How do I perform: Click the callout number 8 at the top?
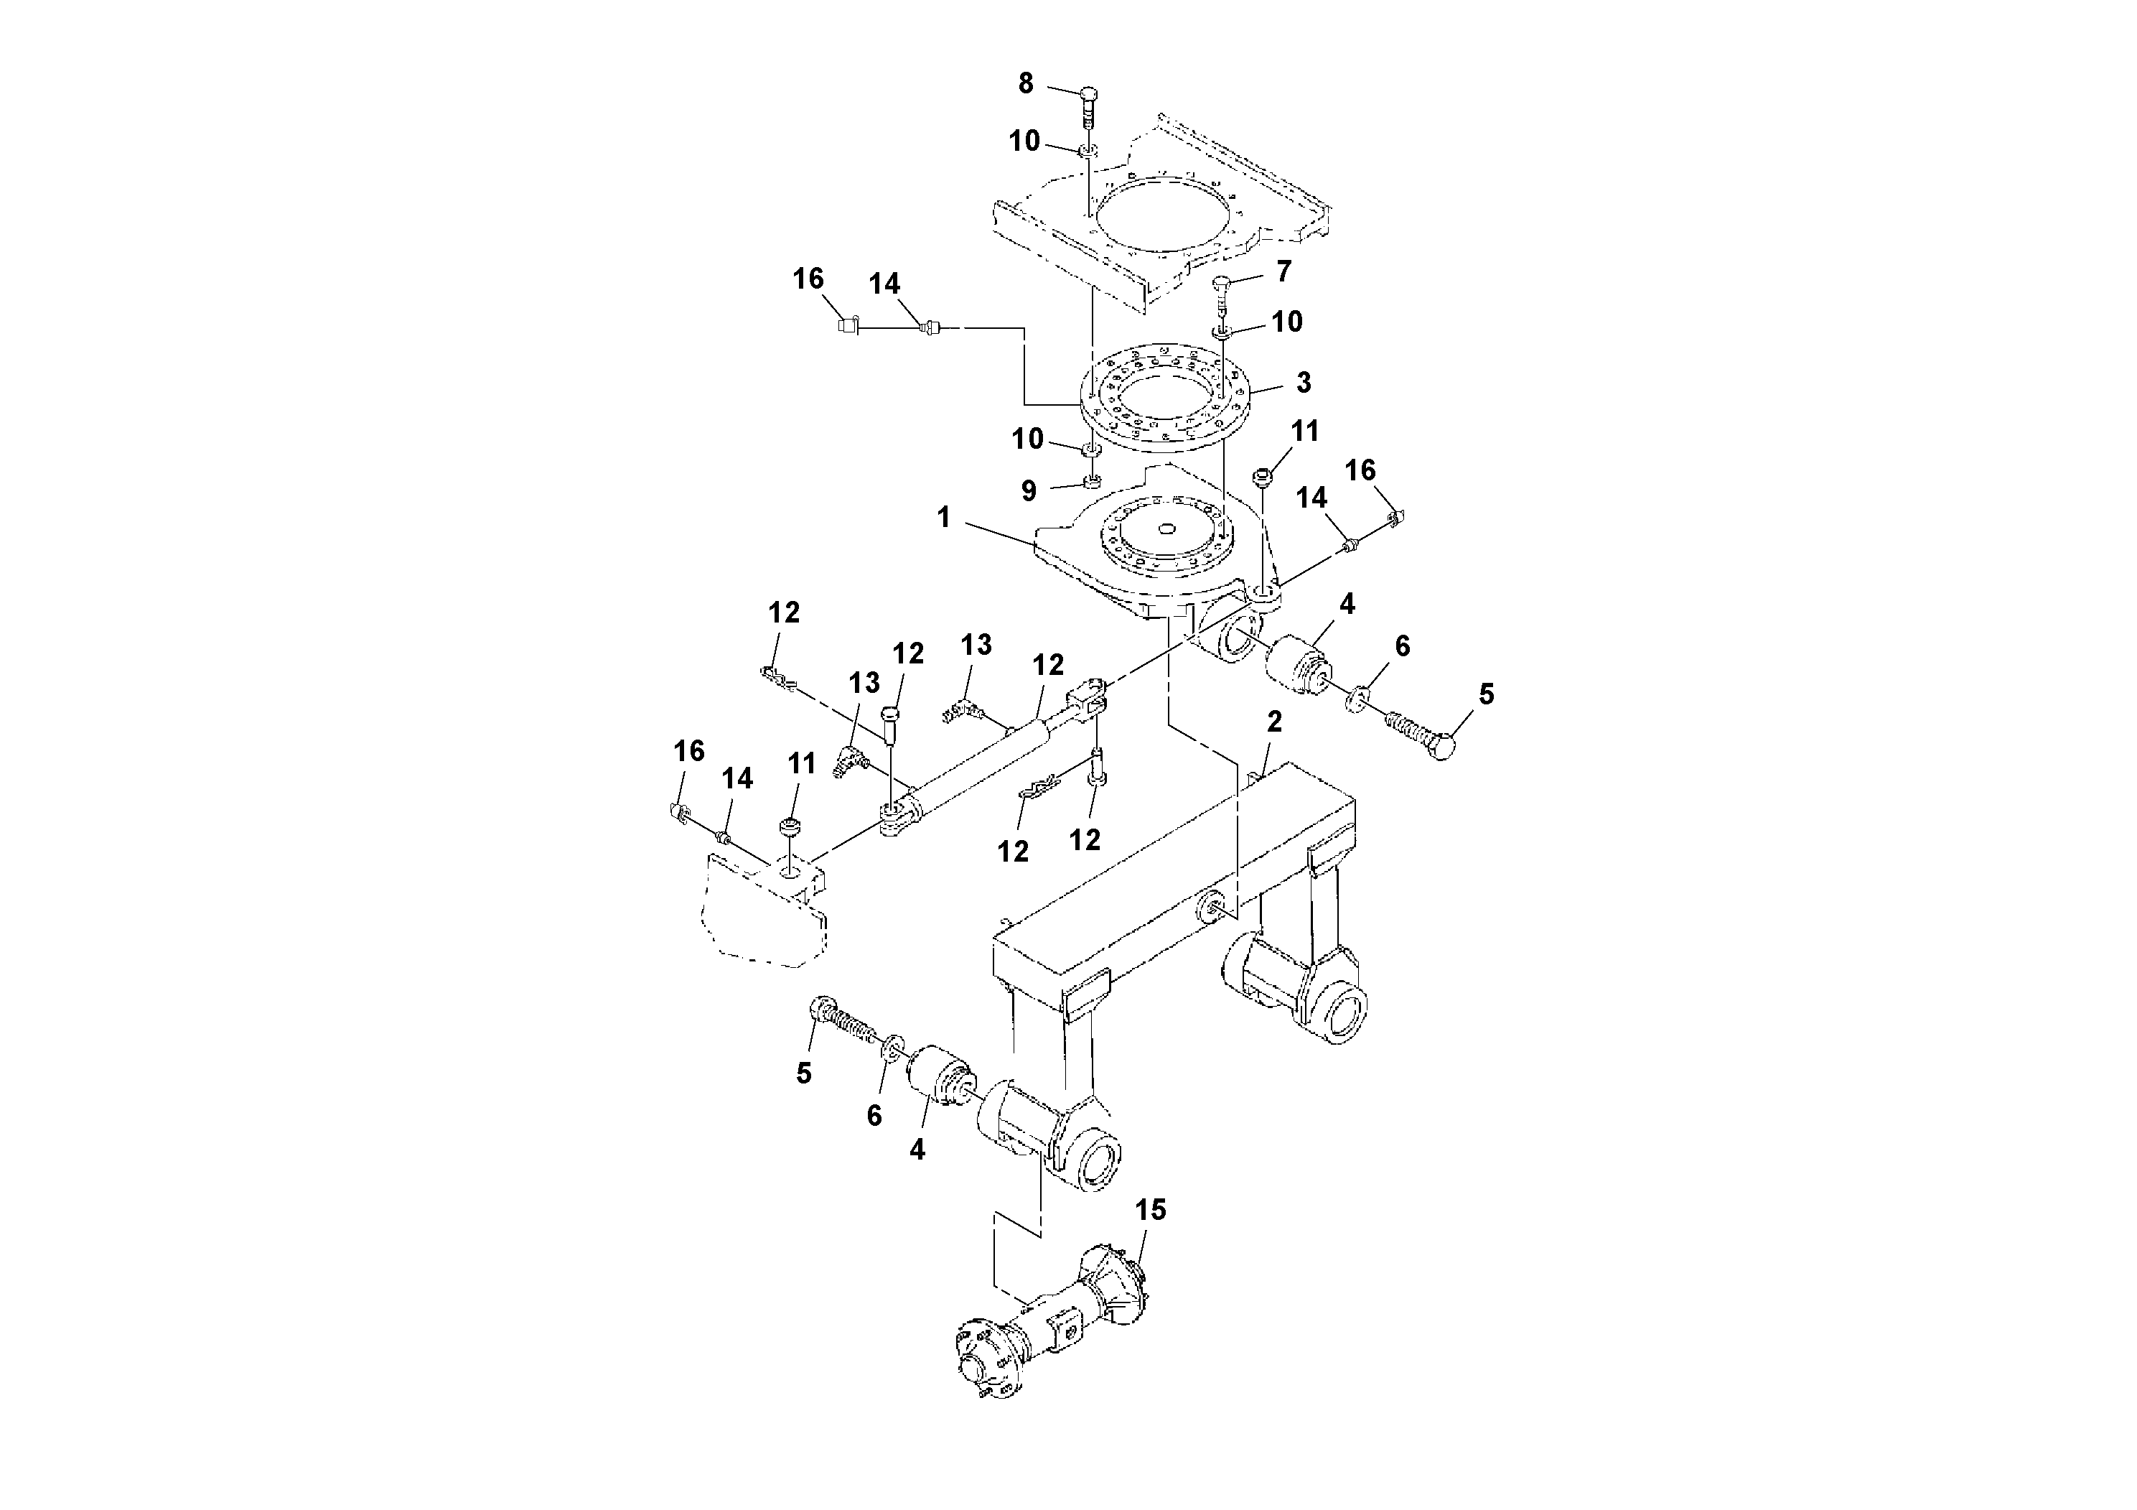point(1025,84)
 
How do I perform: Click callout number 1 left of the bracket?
point(944,517)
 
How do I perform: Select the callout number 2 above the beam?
point(1274,722)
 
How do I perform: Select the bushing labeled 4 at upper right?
point(1296,663)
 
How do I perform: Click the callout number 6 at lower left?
point(874,1115)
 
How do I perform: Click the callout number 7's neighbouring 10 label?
point(1286,322)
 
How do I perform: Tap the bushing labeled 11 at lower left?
point(790,825)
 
